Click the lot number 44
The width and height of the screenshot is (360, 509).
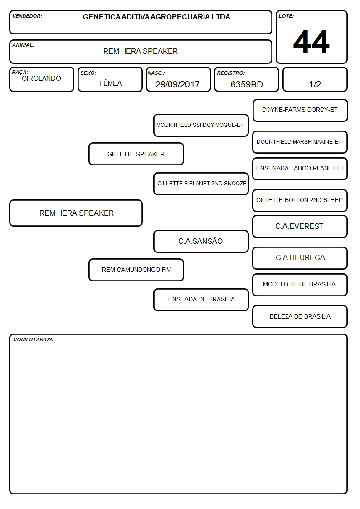point(311,42)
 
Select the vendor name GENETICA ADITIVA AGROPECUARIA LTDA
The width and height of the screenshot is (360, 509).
point(156,17)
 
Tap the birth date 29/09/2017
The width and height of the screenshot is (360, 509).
point(178,84)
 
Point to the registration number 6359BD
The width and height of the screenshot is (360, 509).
point(247,84)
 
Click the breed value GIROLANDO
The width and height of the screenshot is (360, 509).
point(41,78)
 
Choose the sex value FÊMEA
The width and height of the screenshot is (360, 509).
point(110,83)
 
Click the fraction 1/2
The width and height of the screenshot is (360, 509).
point(315,84)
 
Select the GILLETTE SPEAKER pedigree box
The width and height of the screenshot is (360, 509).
point(136,154)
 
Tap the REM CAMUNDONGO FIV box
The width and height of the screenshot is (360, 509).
point(136,270)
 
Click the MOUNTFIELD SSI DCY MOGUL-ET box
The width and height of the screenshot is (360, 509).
point(201,125)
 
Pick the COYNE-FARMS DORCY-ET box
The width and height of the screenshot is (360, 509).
point(300,111)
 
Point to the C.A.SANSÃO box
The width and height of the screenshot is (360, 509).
point(201,241)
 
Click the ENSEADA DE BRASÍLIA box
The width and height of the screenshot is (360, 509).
point(201,300)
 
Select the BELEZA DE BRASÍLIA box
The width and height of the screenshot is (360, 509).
point(300,316)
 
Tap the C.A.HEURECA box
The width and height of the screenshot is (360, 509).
point(300,258)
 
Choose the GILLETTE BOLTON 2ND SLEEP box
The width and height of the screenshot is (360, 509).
point(300,200)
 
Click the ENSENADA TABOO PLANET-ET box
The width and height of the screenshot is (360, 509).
point(300,169)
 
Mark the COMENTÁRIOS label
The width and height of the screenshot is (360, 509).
point(34,339)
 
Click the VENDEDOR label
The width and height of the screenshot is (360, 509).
point(27,16)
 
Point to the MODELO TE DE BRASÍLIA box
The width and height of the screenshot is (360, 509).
point(300,285)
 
